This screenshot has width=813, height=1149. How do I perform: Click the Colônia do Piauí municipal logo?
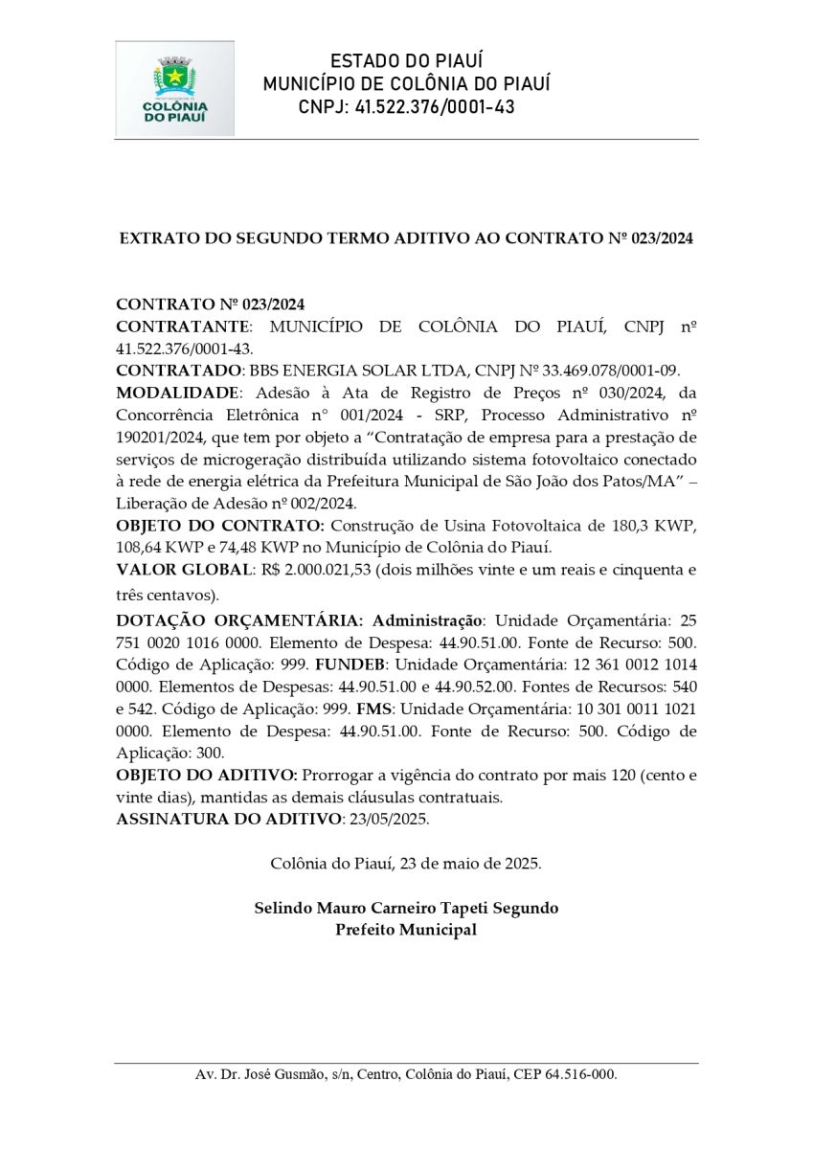tap(174, 88)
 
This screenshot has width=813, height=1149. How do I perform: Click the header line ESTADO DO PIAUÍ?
tap(406, 61)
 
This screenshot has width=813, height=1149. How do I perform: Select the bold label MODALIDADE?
tap(175, 393)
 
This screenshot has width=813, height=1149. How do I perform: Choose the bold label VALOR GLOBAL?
tap(181, 571)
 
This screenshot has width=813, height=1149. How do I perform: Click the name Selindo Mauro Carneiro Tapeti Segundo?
tap(406, 908)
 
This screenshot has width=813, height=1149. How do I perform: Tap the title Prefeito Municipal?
tap(406, 930)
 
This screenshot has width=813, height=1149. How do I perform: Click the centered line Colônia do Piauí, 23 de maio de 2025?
tap(406, 863)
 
